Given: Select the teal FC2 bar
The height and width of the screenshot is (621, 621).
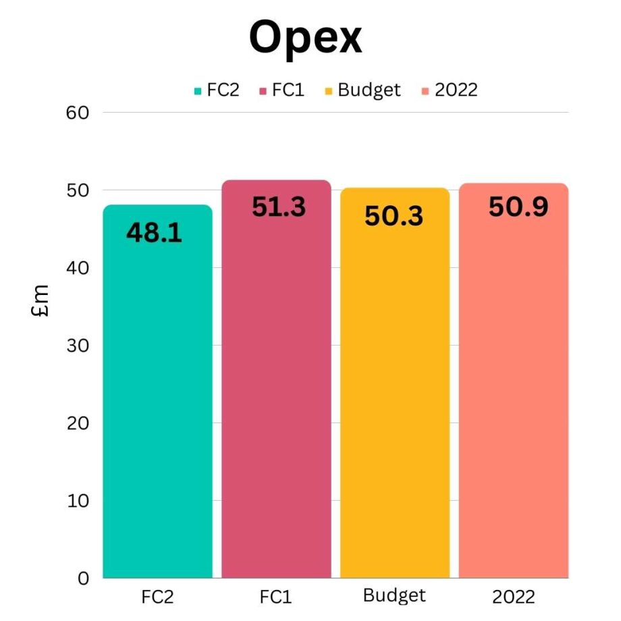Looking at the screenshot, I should (x=157, y=405).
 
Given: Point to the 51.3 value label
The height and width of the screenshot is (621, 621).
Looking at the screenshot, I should (x=279, y=207).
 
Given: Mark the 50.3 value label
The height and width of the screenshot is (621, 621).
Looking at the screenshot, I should (x=394, y=216).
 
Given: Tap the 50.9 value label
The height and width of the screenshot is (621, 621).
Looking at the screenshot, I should (x=518, y=207).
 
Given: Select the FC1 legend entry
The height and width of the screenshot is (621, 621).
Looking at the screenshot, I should (x=282, y=90).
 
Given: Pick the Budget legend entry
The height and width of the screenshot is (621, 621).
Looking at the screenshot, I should (x=363, y=90).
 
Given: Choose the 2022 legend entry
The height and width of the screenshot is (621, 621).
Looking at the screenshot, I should (x=450, y=90).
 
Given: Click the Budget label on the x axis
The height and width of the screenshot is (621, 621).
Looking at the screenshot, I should (x=394, y=595).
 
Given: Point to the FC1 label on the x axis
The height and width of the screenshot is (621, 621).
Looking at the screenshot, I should (x=276, y=597).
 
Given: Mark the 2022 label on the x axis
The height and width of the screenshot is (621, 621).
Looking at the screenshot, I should (x=513, y=597).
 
